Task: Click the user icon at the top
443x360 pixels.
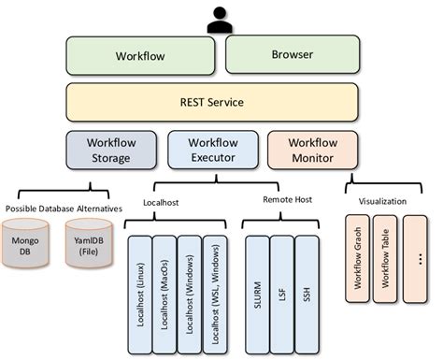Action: click(x=220, y=19)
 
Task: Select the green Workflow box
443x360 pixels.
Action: click(x=142, y=56)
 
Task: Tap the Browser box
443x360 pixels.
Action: click(x=292, y=56)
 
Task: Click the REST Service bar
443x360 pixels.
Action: click(x=212, y=102)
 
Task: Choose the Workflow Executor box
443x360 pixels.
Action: click(x=213, y=151)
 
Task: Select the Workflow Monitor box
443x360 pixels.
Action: click(x=312, y=151)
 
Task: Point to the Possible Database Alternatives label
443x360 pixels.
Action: click(x=64, y=208)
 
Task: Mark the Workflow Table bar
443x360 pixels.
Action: click(x=386, y=259)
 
